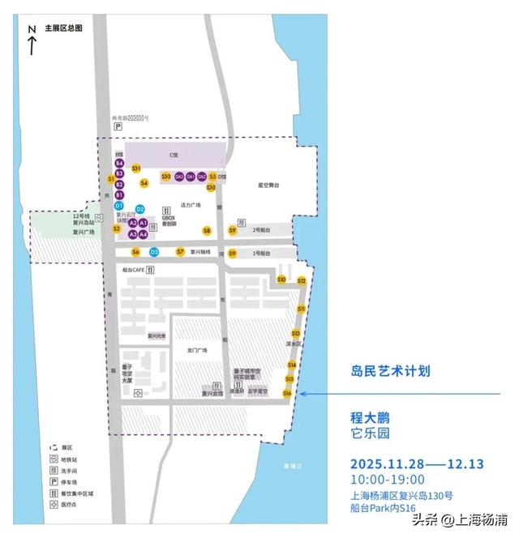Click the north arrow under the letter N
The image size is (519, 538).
[32, 45]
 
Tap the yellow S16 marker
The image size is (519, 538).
[287, 393]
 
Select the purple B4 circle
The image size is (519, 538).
[119, 164]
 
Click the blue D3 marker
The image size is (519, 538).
[153, 252]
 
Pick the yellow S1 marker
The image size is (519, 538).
[111, 178]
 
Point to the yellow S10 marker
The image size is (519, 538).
[281, 280]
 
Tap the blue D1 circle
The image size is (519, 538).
[118, 207]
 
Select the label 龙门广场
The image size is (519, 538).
[197, 350]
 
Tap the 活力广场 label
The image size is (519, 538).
[189, 206]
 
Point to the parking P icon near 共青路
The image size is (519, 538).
[117, 127]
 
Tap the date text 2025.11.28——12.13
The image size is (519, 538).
[417, 463]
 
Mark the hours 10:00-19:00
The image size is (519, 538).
[387, 479]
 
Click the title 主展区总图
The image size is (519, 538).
[64, 28]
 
